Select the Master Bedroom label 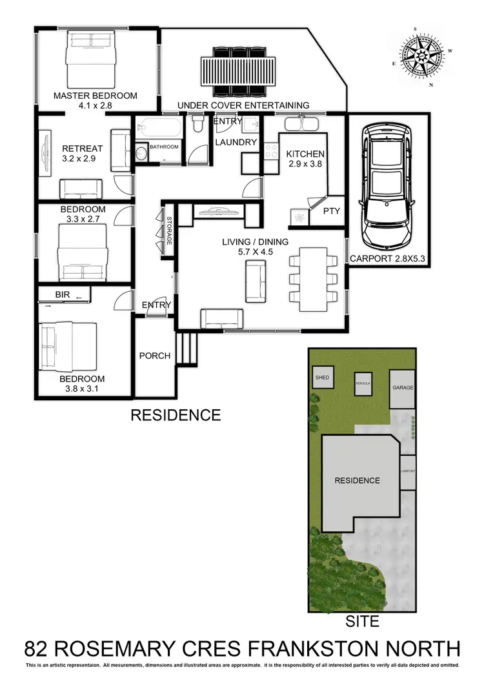point(96,96)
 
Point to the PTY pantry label point(331,211)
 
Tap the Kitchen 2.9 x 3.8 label point(305,159)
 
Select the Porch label point(155,356)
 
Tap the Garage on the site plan point(402,388)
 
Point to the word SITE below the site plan point(362,622)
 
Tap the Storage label point(170,230)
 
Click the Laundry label point(236,142)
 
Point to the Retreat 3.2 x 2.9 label point(82,152)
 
